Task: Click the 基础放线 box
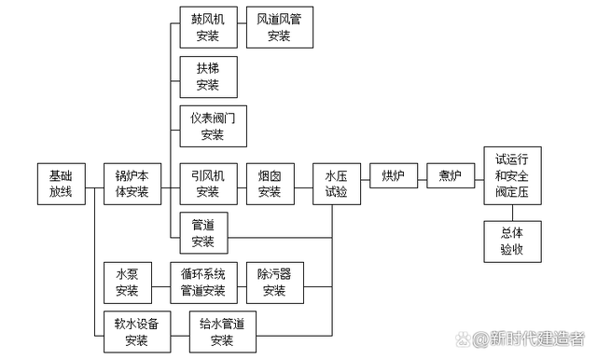61,184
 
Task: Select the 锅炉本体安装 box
132,184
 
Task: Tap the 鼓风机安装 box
207,28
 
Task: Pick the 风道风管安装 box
279,28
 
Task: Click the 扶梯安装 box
207,76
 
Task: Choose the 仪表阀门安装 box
213,126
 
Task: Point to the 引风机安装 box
207,184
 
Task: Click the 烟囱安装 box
270,184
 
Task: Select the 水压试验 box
336,184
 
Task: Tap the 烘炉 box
393,176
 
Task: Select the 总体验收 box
512,241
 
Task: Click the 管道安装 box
203,233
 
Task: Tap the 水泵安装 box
127,283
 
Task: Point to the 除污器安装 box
274,283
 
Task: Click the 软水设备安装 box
136,332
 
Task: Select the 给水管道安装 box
222,332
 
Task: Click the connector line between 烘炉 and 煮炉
422,176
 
